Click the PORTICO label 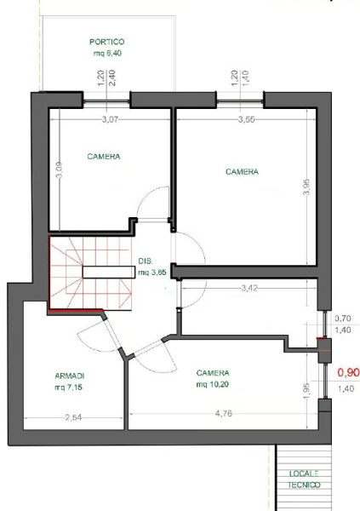tap(107, 42)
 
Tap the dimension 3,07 tap(110, 119)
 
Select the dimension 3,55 tap(246, 119)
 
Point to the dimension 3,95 tap(306, 187)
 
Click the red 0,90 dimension tap(348, 372)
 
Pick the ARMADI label tap(70, 376)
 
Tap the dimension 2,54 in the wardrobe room tap(73, 417)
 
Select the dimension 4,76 tap(224, 414)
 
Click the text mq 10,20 tap(213, 384)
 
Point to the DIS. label tap(145, 261)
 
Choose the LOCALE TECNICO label tap(305, 479)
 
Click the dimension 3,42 tap(249, 288)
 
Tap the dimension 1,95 tap(306, 390)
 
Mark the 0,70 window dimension tap(343, 318)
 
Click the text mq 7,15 tap(68, 388)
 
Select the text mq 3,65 tap(152, 273)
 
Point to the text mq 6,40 tap(107, 53)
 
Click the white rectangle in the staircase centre tap(108, 273)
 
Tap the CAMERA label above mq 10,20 tap(213, 373)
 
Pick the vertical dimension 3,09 tap(60, 170)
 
